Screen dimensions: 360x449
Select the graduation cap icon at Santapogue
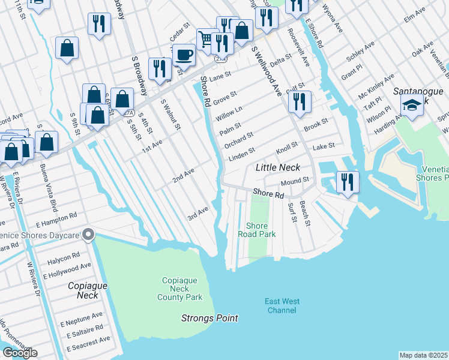pos(412,107)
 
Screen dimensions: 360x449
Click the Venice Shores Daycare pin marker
pos(89,234)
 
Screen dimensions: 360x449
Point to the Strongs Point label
pos(209,318)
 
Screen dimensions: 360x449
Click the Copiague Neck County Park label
pos(180,289)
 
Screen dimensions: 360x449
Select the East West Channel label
pos(282,306)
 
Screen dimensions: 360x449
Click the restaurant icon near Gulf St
pos(299,101)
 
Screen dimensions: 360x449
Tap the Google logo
pos(20,353)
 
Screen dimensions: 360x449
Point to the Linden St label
pos(243,154)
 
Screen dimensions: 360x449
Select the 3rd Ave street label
pos(197,212)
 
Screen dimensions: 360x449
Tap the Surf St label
pos(292,211)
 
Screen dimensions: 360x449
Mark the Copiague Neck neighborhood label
pos(88,290)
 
